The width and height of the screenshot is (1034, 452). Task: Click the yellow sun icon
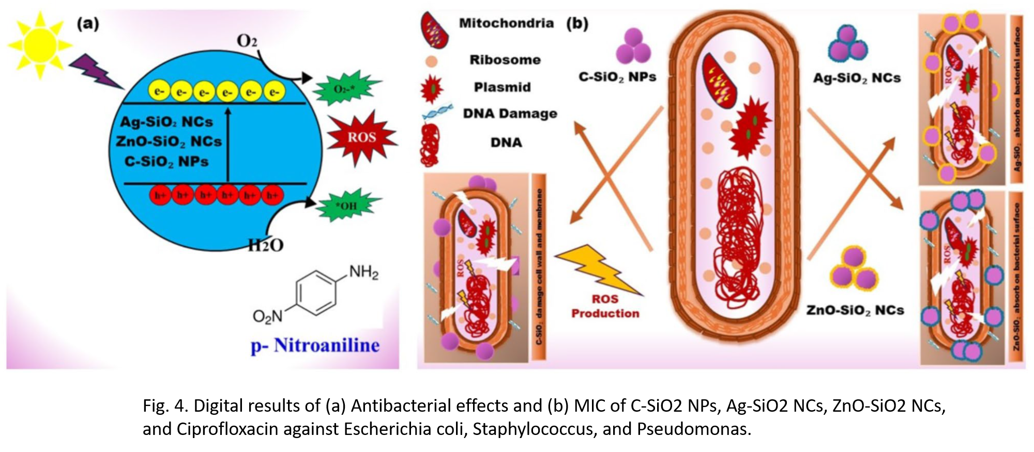pos(40,45)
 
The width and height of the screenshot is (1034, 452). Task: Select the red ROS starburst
pos(361,137)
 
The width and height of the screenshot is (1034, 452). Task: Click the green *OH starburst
pos(347,206)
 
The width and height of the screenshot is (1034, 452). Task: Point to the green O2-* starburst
pos(345,89)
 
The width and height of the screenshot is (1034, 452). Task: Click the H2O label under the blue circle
pos(266,245)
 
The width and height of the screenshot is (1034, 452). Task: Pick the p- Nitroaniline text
pos(315,345)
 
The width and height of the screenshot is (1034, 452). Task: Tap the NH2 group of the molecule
pos(363,272)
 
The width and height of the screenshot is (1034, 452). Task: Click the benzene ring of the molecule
pos(315,293)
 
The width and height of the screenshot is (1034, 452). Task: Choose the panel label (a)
pos(88,24)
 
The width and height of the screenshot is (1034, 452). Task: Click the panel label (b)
pos(577,24)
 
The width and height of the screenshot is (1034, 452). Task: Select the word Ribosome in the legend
pos(505,60)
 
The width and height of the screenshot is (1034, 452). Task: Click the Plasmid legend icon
pos(432,88)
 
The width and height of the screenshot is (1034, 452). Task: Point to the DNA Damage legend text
pos(510,114)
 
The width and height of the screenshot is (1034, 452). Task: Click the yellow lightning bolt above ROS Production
pos(600,269)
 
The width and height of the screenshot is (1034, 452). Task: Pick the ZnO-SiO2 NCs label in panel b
pos(855,310)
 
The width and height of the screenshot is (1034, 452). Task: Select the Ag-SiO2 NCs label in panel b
pos(857,78)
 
